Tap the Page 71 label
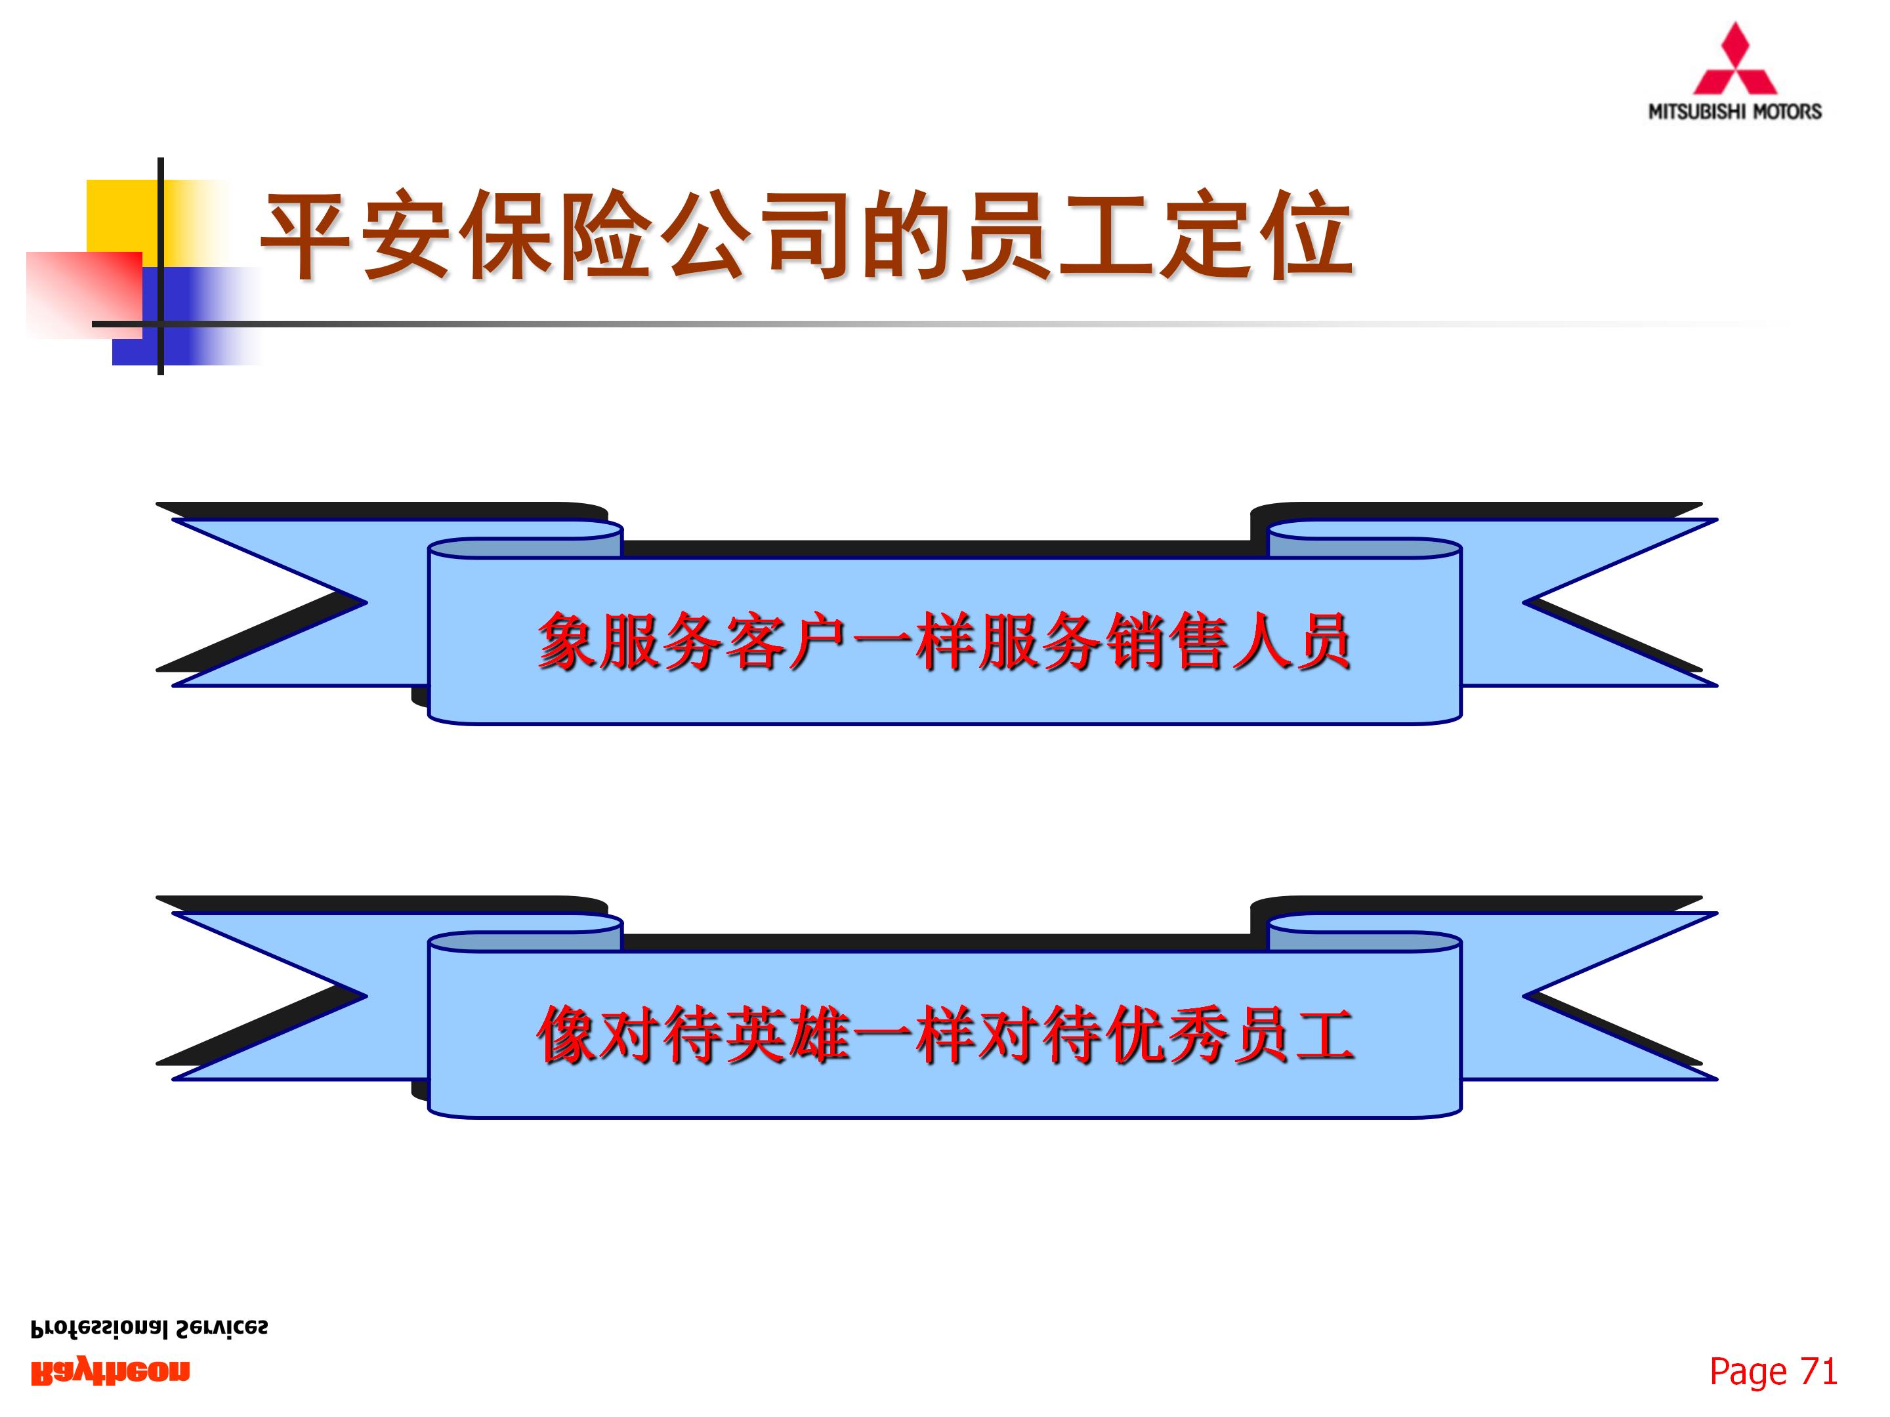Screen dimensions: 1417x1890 point(1773,1372)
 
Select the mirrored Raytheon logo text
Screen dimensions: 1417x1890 point(110,1372)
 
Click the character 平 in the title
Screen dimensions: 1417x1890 point(306,234)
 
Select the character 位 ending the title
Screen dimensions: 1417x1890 point(1307,234)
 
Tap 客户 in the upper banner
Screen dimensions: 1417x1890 point(786,640)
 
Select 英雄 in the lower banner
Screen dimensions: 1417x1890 point(786,1035)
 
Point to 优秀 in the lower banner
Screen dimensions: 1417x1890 point(1166,1035)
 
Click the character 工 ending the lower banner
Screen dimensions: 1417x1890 point(1324,1035)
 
